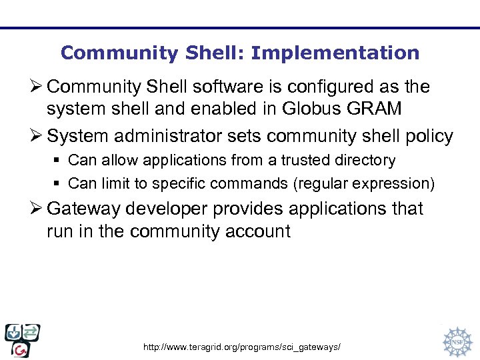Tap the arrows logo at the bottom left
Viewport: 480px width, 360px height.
tap(22, 340)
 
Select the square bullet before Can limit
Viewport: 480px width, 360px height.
tap(59, 183)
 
